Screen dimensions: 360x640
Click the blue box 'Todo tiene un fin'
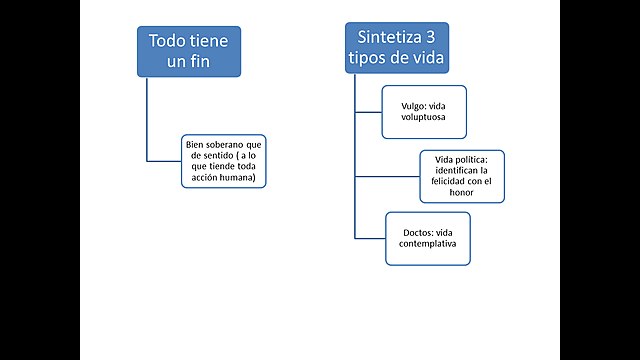pyautogui.click(x=189, y=51)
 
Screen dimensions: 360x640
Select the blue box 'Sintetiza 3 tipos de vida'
pyautogui.click(x=397, y=47)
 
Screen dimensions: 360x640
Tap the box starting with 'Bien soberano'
pyautogui.click(x=224, y=160)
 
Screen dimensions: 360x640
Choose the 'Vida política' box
pyautogui.click(x=461, y=176)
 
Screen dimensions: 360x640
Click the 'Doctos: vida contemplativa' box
pyautogui.click(x=428, y=238)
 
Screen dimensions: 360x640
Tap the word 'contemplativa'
pyautogui.click(x=428, y=245)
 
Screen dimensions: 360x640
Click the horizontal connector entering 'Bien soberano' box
pyautogui.click(x=164, y=160)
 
